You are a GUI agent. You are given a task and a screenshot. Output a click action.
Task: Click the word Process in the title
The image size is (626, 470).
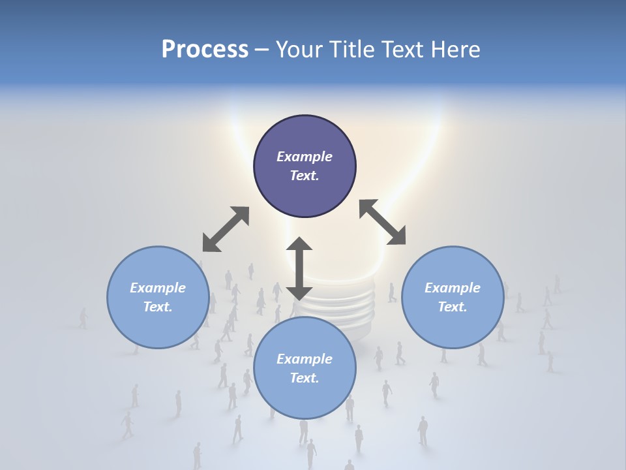[205, 50]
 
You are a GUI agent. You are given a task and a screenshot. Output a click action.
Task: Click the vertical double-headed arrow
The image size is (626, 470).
[299, 269]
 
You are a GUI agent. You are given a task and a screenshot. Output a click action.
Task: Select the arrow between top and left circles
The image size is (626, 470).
[226, 229]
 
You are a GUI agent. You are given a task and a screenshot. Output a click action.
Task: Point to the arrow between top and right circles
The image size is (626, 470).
[382, 223]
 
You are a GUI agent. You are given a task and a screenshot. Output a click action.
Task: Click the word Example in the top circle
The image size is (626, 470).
[305, 157]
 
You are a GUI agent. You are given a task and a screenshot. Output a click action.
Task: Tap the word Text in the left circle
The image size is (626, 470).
[157, 307]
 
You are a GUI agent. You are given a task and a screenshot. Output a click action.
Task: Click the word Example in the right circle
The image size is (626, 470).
[453, 288]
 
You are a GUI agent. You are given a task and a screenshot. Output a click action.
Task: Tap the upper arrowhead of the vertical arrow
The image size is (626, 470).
[299, 245]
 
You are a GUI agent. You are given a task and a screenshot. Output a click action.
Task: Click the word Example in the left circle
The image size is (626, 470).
[158, 288]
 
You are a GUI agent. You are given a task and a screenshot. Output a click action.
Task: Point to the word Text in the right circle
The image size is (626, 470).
[452, 307]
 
